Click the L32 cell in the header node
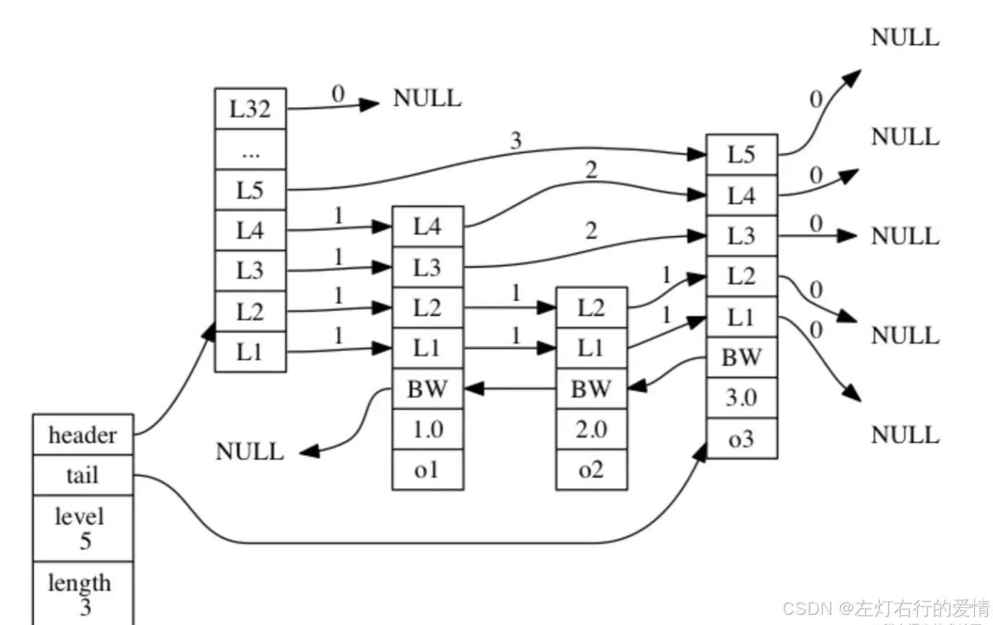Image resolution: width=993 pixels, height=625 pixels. pyautogui.click(x=250, y=108)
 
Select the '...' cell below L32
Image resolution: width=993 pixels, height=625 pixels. pyautogui.click(x=250, y=149)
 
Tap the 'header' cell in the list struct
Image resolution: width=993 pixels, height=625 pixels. pyautogui.click(x=83, y=435)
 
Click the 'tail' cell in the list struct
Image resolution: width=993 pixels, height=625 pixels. pyautogui.click(x=83, y=475)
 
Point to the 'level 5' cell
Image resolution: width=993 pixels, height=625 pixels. pyautogui.click(x=83, y=528)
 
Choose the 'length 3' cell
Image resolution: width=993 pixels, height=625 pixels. pyautogui.click(x=83, y=594)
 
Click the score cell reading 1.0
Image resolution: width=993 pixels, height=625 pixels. pyautogui.click(x=428, y=429)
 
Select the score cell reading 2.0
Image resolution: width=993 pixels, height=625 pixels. pyautogui.click(x=592, y=429)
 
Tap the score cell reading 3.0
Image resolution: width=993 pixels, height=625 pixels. pyautogui.click(x=742, y=398)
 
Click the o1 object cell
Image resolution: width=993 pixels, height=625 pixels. pyautogui.click(x=428, y=469)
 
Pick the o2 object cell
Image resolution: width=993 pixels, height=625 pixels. pyautogui.click(x=592, y=469)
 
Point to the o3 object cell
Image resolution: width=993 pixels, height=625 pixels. pyautogui.click(x=742, y=438)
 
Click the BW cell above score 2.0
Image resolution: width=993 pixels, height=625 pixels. pyautogui.click(x=592, y=389)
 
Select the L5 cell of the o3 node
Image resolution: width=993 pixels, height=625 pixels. pyautogui.click(x=742, y=154)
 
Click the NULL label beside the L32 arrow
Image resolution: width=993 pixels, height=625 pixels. pyautogui.click(x=427, y=98)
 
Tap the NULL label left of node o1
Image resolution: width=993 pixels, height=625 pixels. pyautogui.click(x=250, y=452)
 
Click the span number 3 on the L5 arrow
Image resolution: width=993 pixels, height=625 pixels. pyautogui.click(x=515, y=141)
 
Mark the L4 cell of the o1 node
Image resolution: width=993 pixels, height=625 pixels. pyautogui.click(x=428, y=227)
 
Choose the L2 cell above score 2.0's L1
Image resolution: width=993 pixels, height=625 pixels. pyautogui.click(x=592, y=307)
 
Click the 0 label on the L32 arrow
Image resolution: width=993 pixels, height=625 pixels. pyautogui.click(x=338, y=94)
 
